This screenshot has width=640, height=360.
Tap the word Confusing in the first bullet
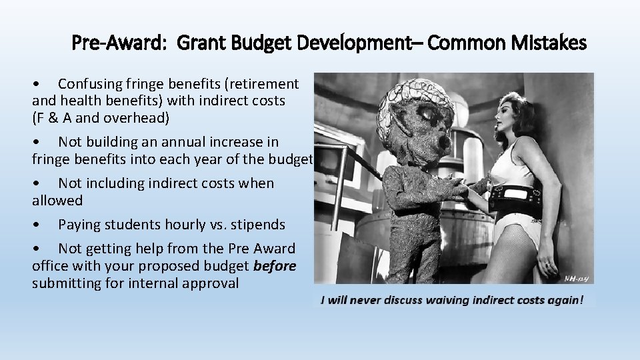[x=91, y=84]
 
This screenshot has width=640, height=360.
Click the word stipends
[x=257, y=225]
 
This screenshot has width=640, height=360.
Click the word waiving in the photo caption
[x=443, y=300]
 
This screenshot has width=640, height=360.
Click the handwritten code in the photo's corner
[x=577, y=279]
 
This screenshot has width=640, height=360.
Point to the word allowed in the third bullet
[x=57, y=201]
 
